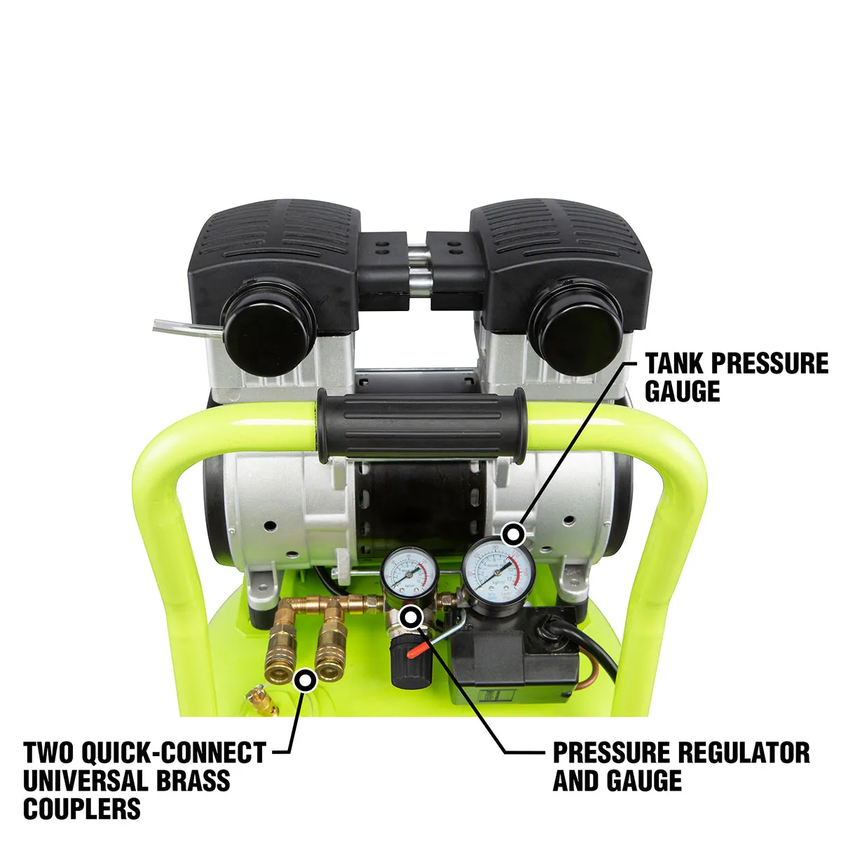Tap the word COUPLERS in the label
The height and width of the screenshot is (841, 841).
[82, 809]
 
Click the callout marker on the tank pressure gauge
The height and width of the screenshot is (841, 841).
[515, 534]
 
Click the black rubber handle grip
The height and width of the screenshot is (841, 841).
[421, 426]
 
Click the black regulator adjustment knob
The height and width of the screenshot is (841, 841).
[402, 666]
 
